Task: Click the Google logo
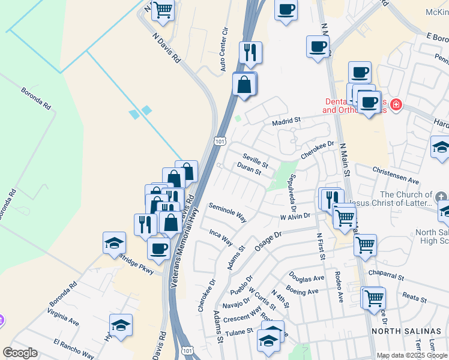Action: tap(20, 353)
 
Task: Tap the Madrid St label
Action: tap(286, 122)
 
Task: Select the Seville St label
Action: tap(255, 161)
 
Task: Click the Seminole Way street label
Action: tap(228, 212)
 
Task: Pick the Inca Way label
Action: tap(220, 237)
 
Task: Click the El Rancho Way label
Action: tap(73, 349)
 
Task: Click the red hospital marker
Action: tap(396, 106)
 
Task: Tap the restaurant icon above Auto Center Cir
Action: tap(250, 53)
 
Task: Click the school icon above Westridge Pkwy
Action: tap(114, 244)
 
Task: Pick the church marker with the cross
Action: tap(441, 197)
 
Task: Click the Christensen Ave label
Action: tap(396, 179)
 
